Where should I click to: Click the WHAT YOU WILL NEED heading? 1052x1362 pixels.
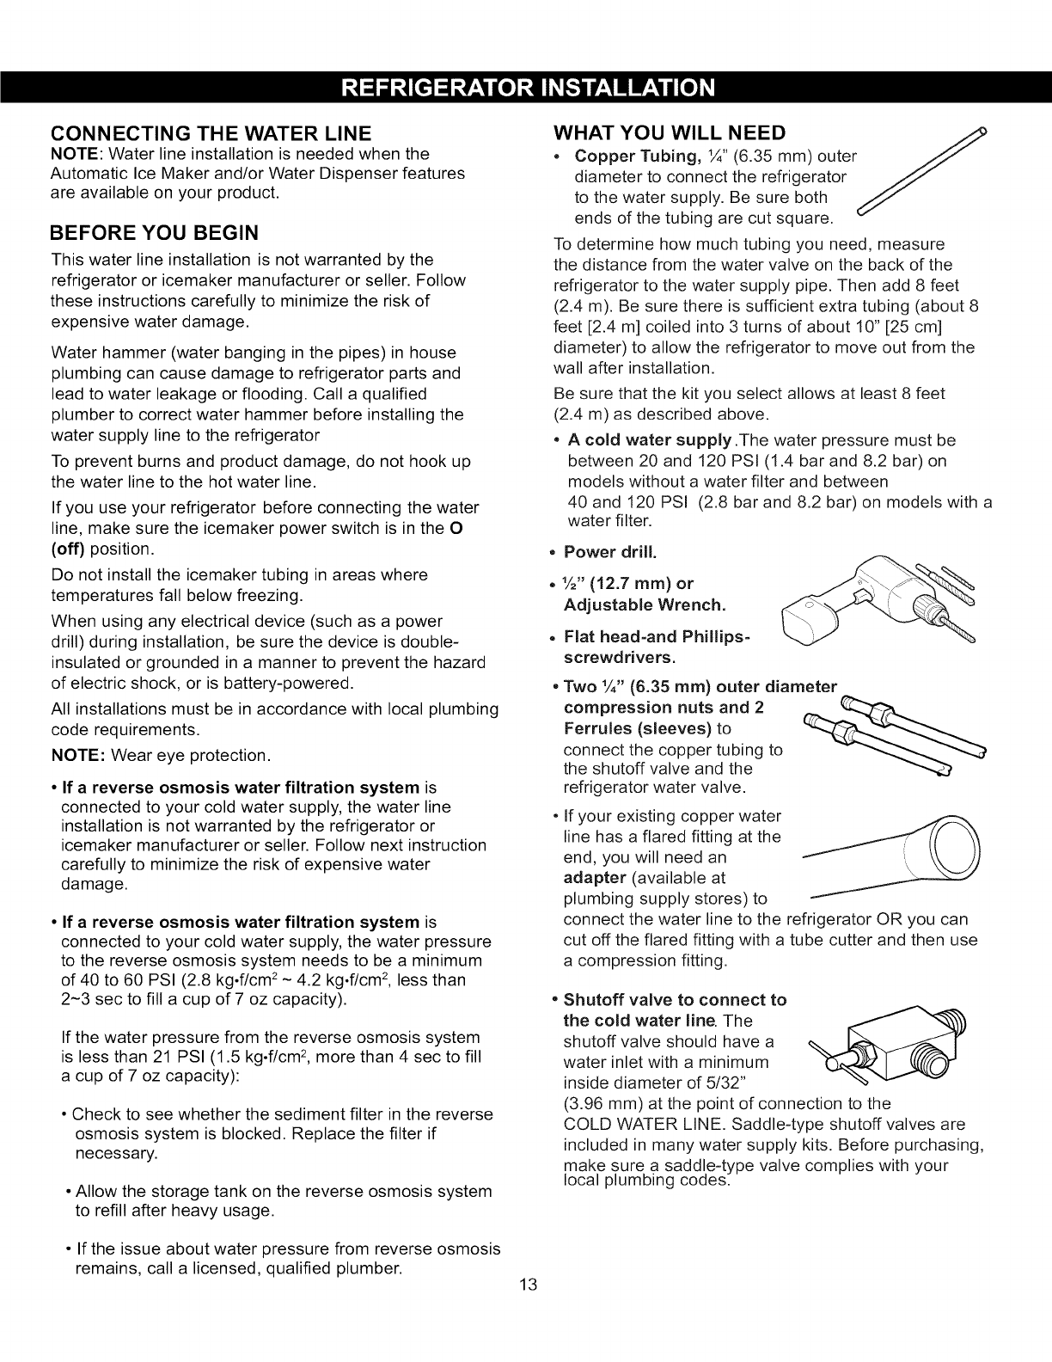point(670,132)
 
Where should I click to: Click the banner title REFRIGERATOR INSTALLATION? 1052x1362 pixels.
point(525,88)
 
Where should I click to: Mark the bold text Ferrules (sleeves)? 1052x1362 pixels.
point(637,728)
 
